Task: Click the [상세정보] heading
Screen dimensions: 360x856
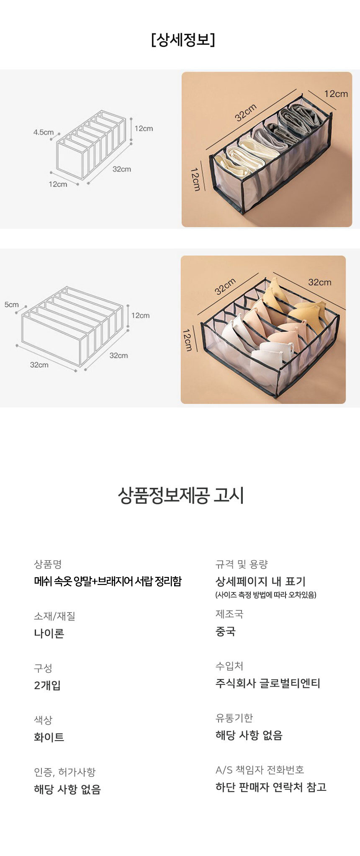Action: [x=183, y=40]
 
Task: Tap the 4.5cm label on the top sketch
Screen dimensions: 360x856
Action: [x=44, y=132]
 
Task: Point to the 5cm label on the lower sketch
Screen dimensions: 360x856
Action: [x=12, y=305]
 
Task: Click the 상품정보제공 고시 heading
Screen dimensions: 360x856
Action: [x=181, y=495]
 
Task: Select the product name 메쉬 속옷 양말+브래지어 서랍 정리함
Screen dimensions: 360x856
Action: [x=108, y=581]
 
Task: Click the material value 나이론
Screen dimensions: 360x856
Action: [x=49, y=633]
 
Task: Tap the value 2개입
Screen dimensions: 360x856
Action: [x=47, y=685]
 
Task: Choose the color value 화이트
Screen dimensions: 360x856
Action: [x=49, y=737]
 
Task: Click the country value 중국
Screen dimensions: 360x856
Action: [x=226, y=631]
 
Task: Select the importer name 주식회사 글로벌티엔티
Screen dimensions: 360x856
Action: [x=268, y=683]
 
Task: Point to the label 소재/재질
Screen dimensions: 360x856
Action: [x=54, y=616]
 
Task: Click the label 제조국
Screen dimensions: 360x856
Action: [x=229, y=614]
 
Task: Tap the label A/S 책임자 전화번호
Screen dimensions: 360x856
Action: [x=260, y=770]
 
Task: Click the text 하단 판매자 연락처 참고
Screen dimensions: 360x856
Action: [x=271, y=787]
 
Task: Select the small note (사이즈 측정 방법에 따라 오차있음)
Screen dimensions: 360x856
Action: [x=266, y=595]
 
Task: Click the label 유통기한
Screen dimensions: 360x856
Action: [x=234, y=718]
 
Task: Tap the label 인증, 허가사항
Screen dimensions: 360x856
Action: [x=65, y=772]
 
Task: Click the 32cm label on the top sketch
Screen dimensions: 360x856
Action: [x=121, y=169]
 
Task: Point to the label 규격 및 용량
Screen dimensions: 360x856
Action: [x=242, y=564]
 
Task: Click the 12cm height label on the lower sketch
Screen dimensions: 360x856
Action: [x=140, y=315]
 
